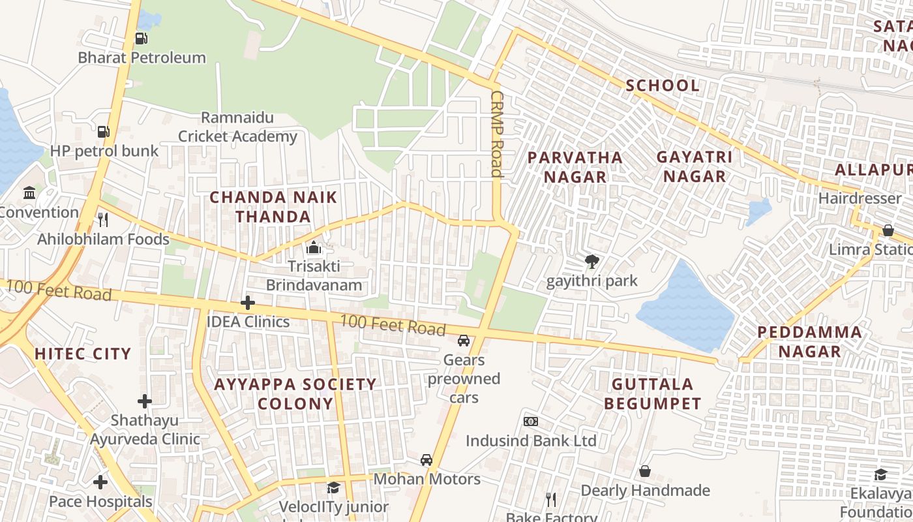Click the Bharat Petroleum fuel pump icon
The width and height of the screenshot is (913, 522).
[x=141, y=38]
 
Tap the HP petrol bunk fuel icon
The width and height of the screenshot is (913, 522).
[x=103, y=131]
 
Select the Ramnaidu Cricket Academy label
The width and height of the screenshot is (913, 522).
[x=237, y=127]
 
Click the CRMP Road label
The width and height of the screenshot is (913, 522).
[x=497, y=134]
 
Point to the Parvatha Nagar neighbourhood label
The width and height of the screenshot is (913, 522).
[x=575, y=167]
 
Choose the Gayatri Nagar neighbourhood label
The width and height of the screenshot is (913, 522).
[x=694, y=166]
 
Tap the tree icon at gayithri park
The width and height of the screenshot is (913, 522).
[x=592, y=262]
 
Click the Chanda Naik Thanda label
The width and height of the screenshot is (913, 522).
[x=273, y=207]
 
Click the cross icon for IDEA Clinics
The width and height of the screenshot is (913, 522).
[x=247, y=303]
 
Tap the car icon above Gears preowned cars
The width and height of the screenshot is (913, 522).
[x=464, y=341]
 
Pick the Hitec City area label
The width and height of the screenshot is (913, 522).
[x=83, y=354]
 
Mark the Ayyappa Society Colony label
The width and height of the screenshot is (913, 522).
[x=295, y=393]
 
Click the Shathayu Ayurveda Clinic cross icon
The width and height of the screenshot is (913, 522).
[x=145, y=401]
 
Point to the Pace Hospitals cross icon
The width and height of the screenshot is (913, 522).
[x=100, y=482]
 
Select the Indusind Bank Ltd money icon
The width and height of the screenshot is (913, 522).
[x=531, y=422]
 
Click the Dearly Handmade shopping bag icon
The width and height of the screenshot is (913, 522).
[x=644, y=471]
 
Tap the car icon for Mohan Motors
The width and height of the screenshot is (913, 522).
[x=427, y=459]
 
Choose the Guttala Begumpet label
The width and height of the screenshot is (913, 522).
[x=652, y=393]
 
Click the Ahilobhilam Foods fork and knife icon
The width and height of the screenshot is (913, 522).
[x=102, y=219]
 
